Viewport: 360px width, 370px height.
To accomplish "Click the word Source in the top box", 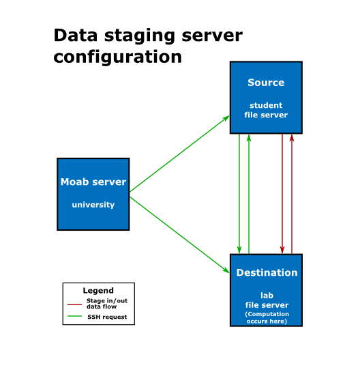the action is point(266,83).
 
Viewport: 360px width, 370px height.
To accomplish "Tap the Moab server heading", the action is point(93,182).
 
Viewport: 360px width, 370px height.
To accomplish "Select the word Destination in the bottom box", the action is point(267,272).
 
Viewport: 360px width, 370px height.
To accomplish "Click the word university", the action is point(93,205).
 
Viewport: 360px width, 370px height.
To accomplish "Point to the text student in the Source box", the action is point(266,105).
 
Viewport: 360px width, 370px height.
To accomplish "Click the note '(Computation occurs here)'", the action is point(267,317).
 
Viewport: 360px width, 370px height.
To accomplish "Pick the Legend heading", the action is point(98,291).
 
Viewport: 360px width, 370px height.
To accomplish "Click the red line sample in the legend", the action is point(74,304).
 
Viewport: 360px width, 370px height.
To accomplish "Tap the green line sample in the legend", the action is point(74,316).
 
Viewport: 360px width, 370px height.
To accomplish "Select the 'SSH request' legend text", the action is point(107,317).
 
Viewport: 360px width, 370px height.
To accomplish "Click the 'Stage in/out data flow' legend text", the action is point(107,304).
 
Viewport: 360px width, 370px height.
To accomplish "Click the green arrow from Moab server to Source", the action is point(179,154).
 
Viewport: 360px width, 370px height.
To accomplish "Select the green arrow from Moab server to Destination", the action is point(179,235).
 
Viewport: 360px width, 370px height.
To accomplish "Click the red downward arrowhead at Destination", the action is point(282,250).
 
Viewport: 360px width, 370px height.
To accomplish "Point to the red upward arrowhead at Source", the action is point(292,139).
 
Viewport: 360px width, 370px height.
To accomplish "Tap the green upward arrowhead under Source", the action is point(249,139).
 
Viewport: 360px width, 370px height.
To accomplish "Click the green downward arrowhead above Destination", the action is point(239,250).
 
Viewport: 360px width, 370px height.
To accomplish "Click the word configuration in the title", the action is point(118,57).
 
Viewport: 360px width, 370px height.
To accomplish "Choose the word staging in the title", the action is point(139,36).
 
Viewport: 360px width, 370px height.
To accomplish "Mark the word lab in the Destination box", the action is point(267,296).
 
